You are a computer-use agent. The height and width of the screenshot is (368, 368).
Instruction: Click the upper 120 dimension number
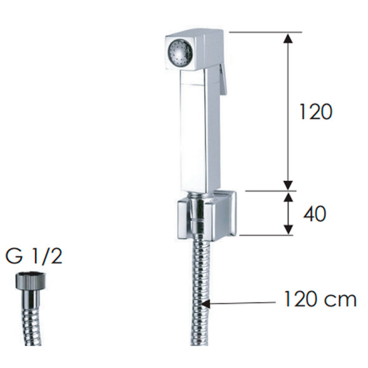(316, 112)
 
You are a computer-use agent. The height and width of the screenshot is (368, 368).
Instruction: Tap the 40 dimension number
(315, 214)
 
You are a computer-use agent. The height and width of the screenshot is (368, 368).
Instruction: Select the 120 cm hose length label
(320, 299)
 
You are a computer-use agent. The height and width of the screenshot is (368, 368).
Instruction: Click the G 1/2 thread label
(34, 256)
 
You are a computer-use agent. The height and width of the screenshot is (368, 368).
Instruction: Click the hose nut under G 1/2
(30, 281)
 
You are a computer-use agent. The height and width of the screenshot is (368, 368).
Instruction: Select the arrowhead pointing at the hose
(206, 303)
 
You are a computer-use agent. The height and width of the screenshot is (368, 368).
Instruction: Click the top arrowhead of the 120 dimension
(289, 38)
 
